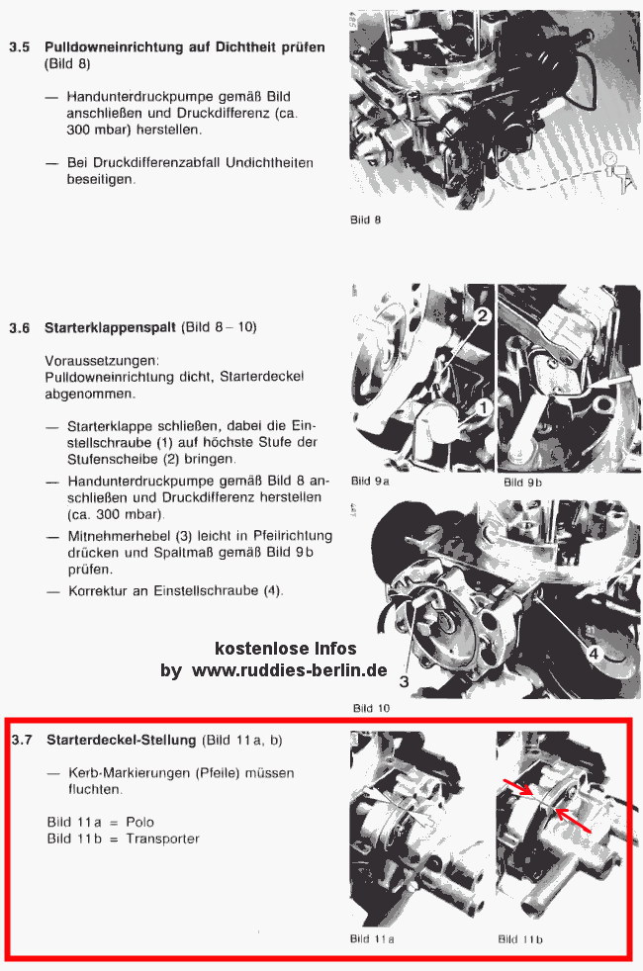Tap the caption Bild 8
[x=365, y=220]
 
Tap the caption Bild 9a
[x=370, y=482]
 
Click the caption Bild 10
[x=371, y=708]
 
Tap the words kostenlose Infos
[x=286, y=649]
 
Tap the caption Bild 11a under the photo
[x=373, y=938]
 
